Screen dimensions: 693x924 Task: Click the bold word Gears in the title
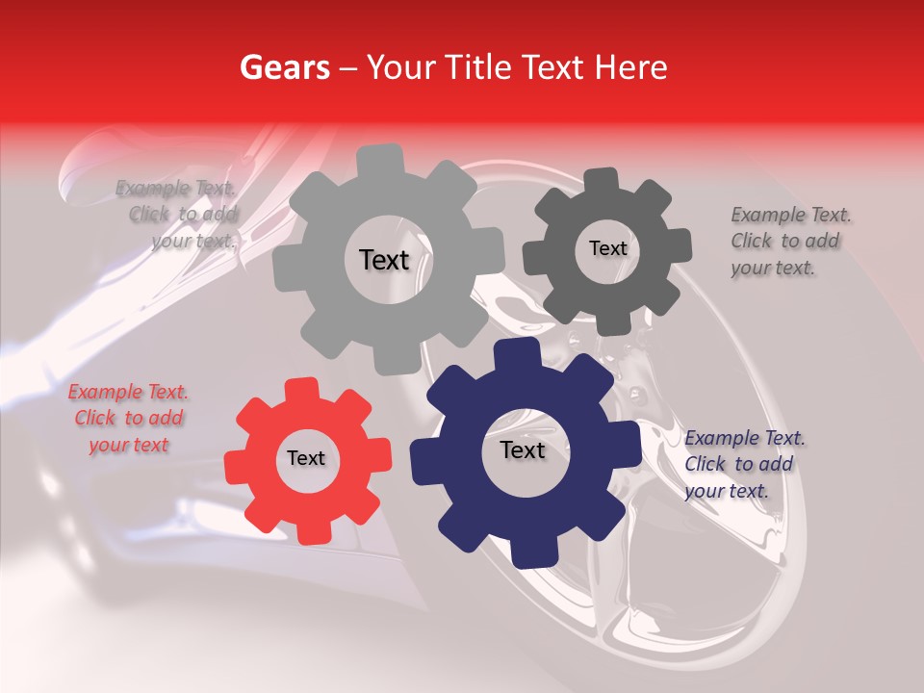pyautogui.click(x=284, y=67)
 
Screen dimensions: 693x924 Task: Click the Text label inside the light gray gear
pyautogui.click(x=384, y=260)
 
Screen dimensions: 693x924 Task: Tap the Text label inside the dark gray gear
pyautogui.click(x=607, y=248)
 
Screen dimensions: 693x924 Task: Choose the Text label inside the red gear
pyautogui.click(x=306, y=458)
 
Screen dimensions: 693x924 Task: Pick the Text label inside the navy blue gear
pyautogui.click(x=523, y=449)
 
